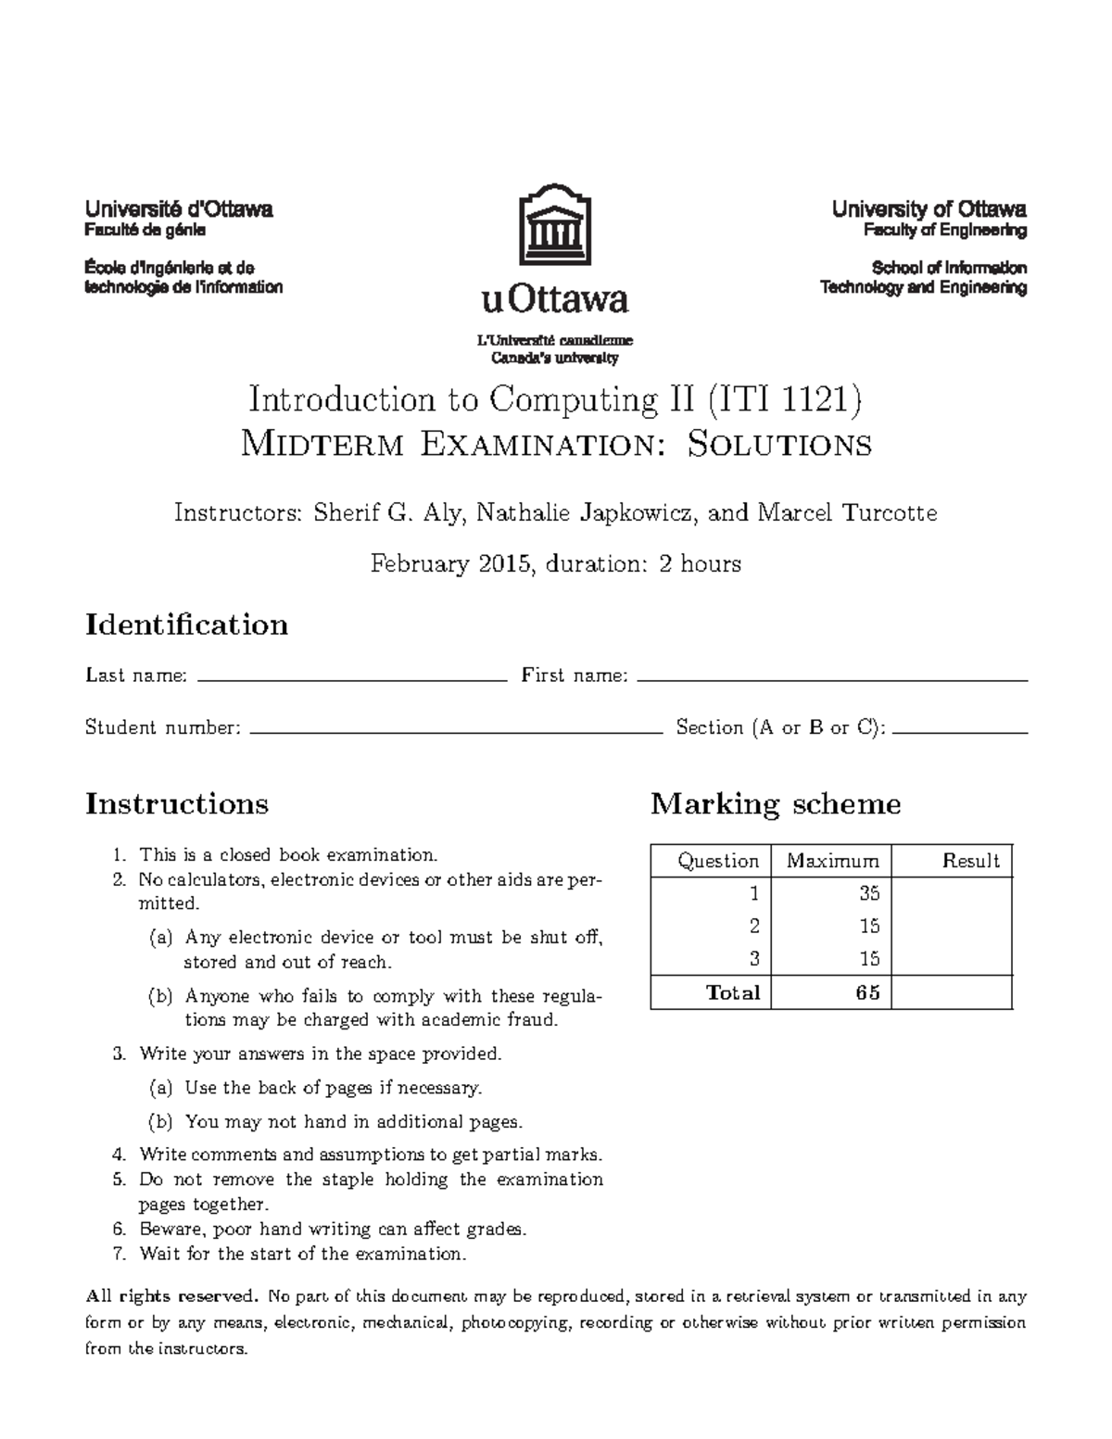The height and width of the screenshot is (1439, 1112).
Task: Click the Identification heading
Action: tap(186, 625)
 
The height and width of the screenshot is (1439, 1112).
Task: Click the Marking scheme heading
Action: tap(775, 803)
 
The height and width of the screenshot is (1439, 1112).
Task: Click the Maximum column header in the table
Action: tap(832, 861)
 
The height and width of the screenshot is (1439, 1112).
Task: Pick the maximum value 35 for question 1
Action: tap(868, 893)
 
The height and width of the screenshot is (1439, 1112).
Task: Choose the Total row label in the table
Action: tap(732, 992)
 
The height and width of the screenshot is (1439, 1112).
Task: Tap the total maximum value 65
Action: tap(867, 992)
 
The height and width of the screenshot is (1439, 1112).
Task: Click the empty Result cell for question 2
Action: tap(952, 926)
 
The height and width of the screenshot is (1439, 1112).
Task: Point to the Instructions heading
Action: tap(177, 803)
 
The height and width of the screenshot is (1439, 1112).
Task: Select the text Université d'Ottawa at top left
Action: tap(179, 209)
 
